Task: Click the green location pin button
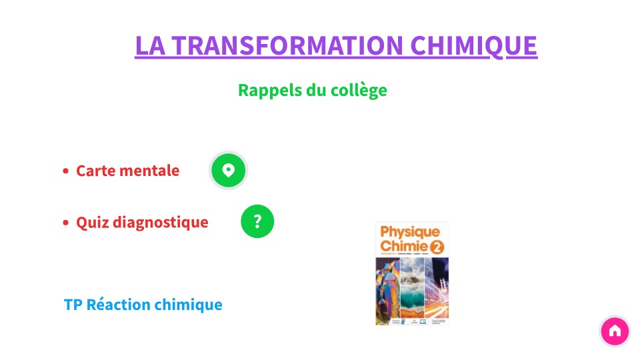pyautogui.click(x=229, y=170)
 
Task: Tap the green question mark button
pyautogui.click(x=257, y=222)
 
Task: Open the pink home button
pyautogui.click(x=615, y=331)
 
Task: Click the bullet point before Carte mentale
pyautogui.click(x=66, y=171)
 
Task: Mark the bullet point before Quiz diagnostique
pyautogui.click(x=66, y=223)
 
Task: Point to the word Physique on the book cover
pyautogui.click(x=410, y=232)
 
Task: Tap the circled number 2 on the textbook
pyautogui.click(x=437, y=247)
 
